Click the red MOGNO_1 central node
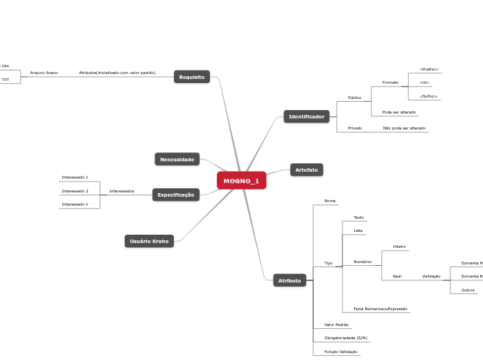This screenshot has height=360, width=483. pos(241,181)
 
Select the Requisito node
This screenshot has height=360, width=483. pos(192,77)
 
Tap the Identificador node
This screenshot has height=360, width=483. pos(306,116)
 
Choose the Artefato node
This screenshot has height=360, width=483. pos(306,170)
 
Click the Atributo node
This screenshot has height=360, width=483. pos(290,280)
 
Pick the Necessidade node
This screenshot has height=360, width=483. pos(177,159)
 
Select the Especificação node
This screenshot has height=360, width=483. pos(176,195)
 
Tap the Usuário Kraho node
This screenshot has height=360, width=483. pos(150,241)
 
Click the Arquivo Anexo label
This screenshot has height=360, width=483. pos(44,73)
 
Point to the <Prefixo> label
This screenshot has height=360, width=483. pos(429,69)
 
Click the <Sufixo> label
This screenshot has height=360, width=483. pos(429,96)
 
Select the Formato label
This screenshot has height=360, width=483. pos(390,82)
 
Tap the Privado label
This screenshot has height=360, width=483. pos(355,128)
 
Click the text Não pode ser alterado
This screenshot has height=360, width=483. pos(404,128)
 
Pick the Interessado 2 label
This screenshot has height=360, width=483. pos(75,191)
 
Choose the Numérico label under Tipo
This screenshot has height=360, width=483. pos(362,262)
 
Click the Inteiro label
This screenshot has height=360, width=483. pos(399,246)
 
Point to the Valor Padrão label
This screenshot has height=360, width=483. pos(336,324)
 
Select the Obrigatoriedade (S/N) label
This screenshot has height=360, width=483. pos(346,338)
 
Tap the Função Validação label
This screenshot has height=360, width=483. pos(341,352)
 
